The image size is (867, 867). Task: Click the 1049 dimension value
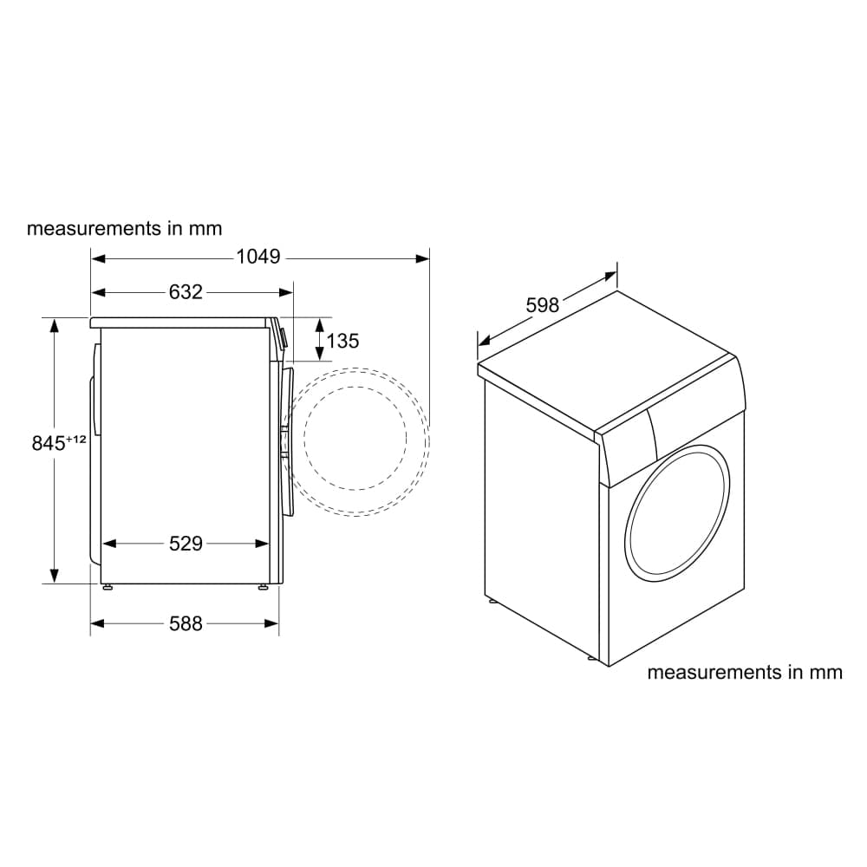point(258,257)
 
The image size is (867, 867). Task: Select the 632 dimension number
point(185,292)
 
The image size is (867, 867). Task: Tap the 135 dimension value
point(343,341)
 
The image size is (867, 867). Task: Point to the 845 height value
point(49,443)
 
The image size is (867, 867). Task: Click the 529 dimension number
point(185,544)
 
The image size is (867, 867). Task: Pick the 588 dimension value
point(185,623)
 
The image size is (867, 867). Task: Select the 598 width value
point(543,305)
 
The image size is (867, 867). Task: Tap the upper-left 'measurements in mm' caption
point(125,229)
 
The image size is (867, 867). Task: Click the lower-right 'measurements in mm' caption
point(745,672)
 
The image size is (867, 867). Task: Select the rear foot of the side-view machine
point(107,587)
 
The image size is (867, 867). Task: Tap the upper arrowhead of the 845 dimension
point(55,326)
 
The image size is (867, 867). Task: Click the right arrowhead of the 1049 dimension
point(422,257)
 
